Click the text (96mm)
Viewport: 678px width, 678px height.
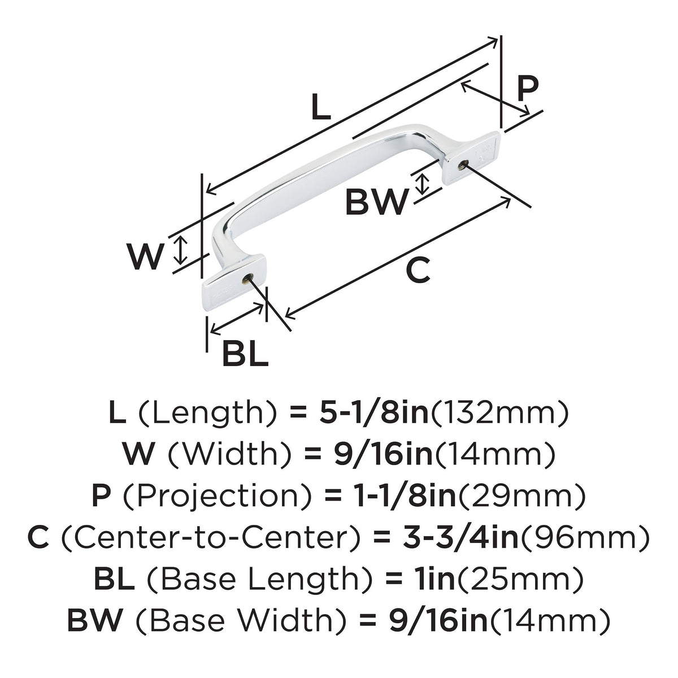[x=585, y=538]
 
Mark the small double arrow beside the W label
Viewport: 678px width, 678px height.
[x=180, y=250]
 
